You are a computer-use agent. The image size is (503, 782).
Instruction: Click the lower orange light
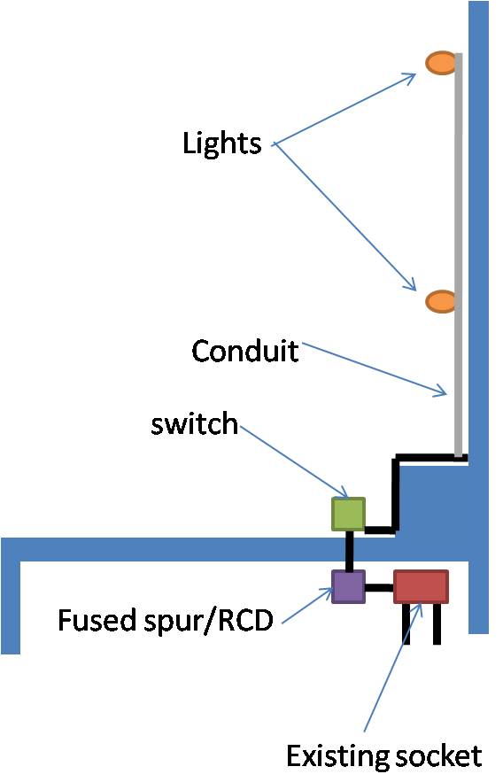pos(440,301)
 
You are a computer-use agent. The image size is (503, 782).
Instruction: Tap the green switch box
pos(348,514)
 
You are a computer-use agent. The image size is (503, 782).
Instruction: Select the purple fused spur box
pos(348,586)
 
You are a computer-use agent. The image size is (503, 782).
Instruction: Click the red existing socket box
pos(421,586)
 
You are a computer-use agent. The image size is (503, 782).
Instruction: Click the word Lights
pos(221,143)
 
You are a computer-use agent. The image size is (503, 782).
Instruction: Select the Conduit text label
pos(244,352)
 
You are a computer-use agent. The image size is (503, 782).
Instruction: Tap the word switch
pos(194,424)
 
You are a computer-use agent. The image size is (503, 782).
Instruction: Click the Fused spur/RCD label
pos(165,620)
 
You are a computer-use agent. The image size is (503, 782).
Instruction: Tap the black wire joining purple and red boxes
pos(378,587)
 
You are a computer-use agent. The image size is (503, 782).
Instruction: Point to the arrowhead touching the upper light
pos(410,77)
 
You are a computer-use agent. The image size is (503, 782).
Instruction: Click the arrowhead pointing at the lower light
pos(410,284)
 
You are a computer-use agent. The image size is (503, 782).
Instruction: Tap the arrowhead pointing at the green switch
pos(346,492)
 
